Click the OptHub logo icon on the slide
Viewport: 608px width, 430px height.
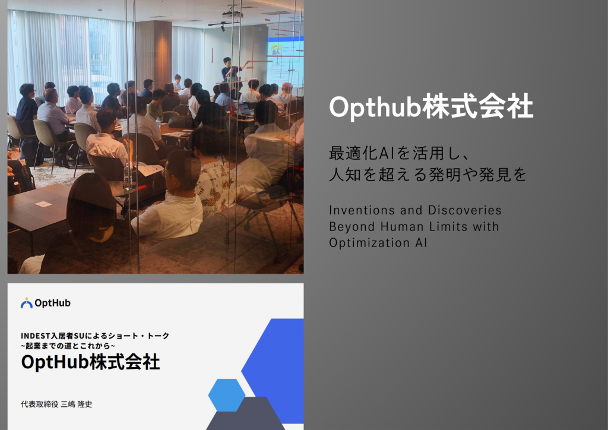[x=26, y=303]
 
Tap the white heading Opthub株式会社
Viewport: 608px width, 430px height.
[x=431, y=107]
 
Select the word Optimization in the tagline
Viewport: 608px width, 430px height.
[x=369, y=243]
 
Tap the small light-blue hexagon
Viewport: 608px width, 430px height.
[x=226, y=395]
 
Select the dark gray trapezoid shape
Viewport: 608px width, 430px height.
[x=245, y=413]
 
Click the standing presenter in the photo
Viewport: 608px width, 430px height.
[x=230, y=71]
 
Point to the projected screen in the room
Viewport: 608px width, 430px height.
[x=285, y=62]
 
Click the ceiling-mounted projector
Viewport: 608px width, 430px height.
[x=233, y=14]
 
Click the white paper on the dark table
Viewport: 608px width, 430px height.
[x=43, y=204]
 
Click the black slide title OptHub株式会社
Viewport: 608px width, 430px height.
[x=90, y=362]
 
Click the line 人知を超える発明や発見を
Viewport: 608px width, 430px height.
[x=427, y=175]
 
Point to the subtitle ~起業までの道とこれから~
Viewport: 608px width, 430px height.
[x=68, y=346]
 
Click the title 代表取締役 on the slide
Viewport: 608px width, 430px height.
[x=40, y=404]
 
